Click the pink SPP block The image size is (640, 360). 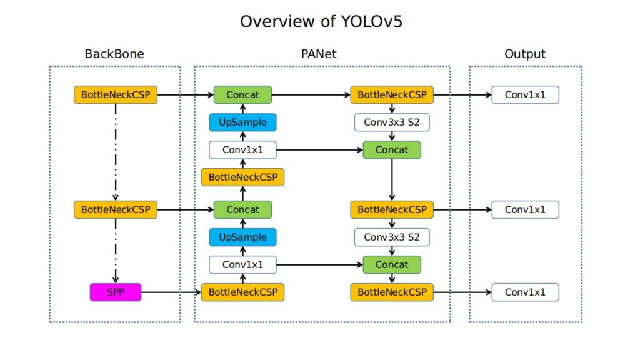116,292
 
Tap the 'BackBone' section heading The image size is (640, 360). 114,54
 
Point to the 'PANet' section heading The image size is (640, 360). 319,54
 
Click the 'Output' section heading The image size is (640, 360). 525,54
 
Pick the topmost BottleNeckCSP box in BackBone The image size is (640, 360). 116,95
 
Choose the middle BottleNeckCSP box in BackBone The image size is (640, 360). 116,210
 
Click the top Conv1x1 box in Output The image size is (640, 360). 525,95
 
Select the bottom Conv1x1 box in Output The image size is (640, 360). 525,292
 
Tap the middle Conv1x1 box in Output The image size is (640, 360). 525,210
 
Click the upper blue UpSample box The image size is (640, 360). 242,122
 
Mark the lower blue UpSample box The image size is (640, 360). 242,237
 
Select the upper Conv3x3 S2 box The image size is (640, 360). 392,122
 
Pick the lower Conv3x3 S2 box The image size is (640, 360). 392,237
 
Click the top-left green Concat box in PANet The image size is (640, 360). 242,95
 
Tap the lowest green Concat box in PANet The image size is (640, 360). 392,265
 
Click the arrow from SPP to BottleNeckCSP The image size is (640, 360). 171,292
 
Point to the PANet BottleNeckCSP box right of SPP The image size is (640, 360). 242,292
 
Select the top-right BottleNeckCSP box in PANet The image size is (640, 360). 392,95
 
